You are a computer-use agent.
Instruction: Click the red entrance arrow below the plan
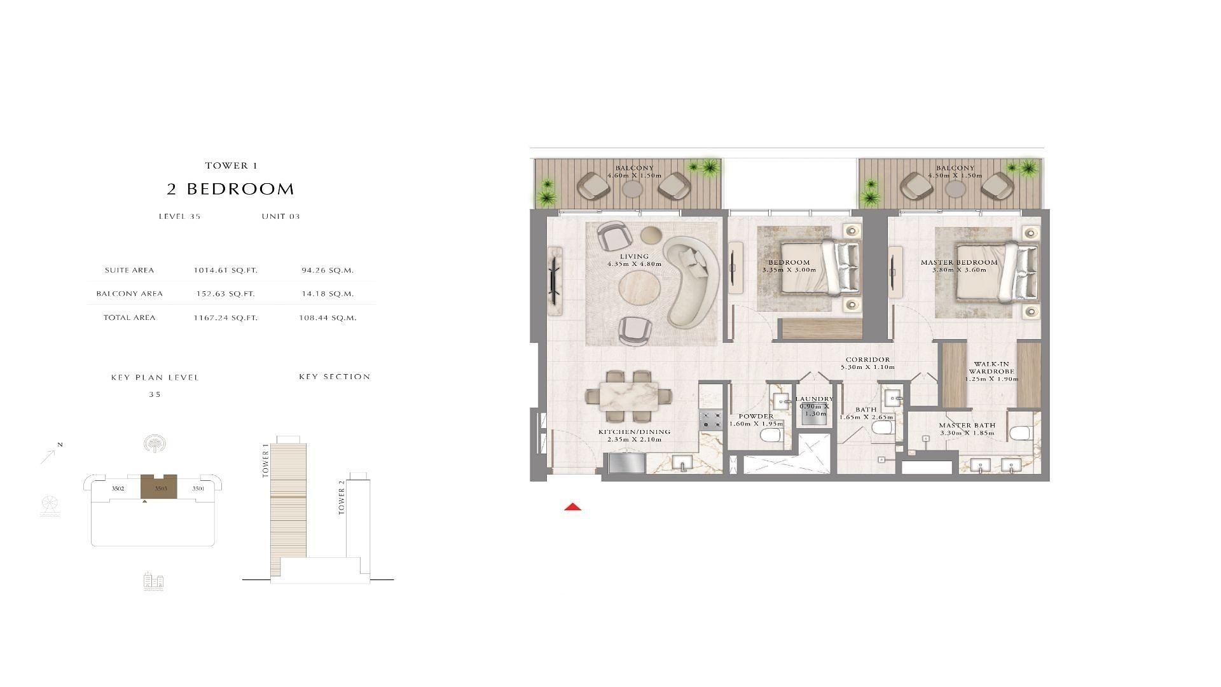[573, 507]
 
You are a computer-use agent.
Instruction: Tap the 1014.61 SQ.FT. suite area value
[226, 270]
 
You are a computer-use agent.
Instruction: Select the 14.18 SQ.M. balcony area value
[328, 294]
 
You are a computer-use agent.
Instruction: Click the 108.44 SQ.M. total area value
[328, 317]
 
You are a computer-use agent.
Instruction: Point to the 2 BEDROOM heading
[231, 189]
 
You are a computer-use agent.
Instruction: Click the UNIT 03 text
[280, 216]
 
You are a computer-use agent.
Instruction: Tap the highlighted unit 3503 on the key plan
[158, 487]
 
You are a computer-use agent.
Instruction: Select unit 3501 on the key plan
[198, 489]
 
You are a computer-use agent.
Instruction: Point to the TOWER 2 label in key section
[341, 497]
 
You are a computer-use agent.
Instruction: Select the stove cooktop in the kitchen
[711, 420]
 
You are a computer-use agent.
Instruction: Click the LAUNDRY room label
[814, 399]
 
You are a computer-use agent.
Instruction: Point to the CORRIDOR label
[867, 359]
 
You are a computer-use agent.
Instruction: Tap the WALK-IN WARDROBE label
[991, 368]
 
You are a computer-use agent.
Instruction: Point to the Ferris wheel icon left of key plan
[49, 506]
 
